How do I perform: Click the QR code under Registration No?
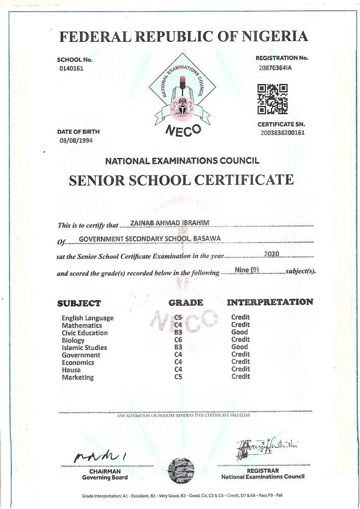coord(272,98)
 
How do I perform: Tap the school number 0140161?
coord(71,69)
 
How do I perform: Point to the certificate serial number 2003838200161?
coord(282,133)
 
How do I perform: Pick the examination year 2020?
coord(271,254)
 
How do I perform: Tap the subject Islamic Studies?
coord(84,347)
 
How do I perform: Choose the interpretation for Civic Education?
coord(240,332)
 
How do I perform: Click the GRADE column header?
coord(185,302)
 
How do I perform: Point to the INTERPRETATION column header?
coord(270,302)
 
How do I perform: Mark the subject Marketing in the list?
coord(78,377)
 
